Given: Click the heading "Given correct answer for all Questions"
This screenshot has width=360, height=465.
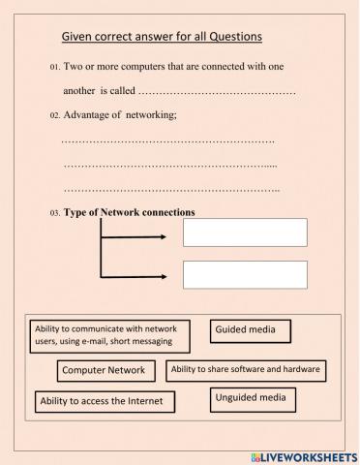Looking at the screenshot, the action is tap(163, 37).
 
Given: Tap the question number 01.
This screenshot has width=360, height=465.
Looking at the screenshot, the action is tap(54, 69).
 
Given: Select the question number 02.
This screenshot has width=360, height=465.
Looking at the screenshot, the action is tap(54, 116).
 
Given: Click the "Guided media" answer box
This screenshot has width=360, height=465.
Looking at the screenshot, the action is tap(251, 330).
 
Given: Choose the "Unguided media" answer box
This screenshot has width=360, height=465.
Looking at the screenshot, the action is tap(254, 397).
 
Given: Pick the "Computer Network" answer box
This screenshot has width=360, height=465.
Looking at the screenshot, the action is tap(104, 370).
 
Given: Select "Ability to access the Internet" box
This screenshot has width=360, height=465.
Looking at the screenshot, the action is tap(106, 400).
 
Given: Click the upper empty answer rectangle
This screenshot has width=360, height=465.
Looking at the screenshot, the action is tap(245, 232).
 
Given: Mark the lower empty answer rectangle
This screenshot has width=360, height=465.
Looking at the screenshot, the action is tap(245, 274).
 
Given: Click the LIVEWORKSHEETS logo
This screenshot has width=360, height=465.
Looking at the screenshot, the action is tap(303, 455).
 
